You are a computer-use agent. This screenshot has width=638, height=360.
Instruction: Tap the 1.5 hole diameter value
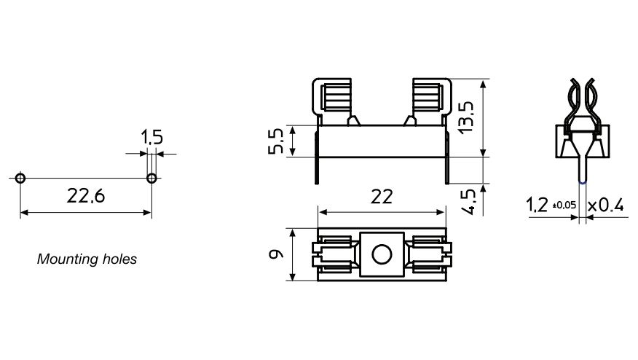(151, 138)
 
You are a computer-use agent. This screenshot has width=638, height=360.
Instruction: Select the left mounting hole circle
(20, 179)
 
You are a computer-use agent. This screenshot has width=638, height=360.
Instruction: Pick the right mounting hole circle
(151, 179)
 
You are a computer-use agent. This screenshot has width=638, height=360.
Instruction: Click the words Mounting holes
(87, 259)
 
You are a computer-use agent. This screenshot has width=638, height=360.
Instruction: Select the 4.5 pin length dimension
(469, 201)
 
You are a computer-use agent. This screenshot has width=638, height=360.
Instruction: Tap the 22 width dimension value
(381, 197)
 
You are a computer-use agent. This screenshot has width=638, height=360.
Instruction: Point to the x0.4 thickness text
(606, 206)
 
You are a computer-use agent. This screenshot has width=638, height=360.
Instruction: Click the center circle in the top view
(381, 254)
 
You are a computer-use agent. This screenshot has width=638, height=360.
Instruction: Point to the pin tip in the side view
(583, 179)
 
